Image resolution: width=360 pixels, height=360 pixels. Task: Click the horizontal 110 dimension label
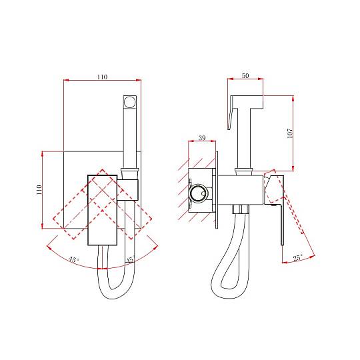click(102, 77)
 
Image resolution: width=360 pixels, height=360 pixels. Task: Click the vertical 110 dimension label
click(39, 189)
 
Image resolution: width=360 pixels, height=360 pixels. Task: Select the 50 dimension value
click(245, 75)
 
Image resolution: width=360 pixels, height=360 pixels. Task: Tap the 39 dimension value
click(202, 137)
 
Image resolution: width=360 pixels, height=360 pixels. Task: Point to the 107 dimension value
click(290, 133)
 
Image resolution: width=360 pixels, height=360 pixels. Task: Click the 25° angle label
click(298, 257)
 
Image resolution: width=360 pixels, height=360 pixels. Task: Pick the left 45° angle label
click(74, 260)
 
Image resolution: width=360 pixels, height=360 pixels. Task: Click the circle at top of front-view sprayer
click(130, 102)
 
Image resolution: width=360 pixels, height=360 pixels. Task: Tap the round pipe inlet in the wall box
click(198, 193)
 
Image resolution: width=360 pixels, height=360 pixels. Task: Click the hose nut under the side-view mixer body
click(241, 209)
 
